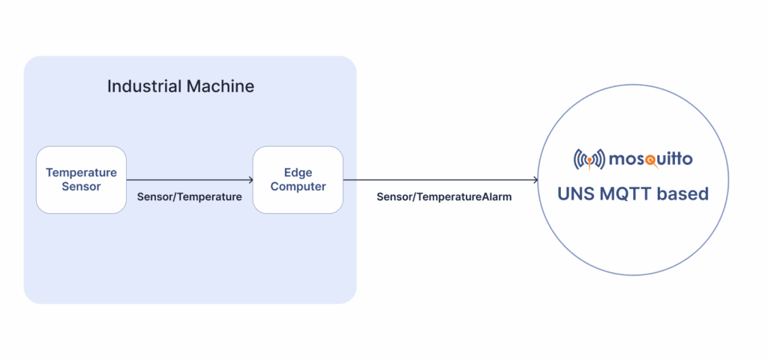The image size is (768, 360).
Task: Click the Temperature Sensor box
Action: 81,180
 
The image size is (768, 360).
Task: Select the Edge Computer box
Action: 298,180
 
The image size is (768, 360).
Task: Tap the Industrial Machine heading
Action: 180,85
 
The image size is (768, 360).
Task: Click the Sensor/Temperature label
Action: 189,197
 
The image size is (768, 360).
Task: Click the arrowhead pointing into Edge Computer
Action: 250,180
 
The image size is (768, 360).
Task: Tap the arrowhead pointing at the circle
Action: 535,180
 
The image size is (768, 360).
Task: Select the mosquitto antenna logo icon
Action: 589,159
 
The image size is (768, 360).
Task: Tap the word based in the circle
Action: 682,193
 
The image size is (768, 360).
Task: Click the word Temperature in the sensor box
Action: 81,172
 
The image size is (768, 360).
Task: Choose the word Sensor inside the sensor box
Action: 81,186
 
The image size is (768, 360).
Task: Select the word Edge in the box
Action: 298,172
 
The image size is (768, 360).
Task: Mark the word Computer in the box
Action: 298,186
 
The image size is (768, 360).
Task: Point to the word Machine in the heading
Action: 219,85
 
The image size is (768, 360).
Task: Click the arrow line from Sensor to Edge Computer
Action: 187,180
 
